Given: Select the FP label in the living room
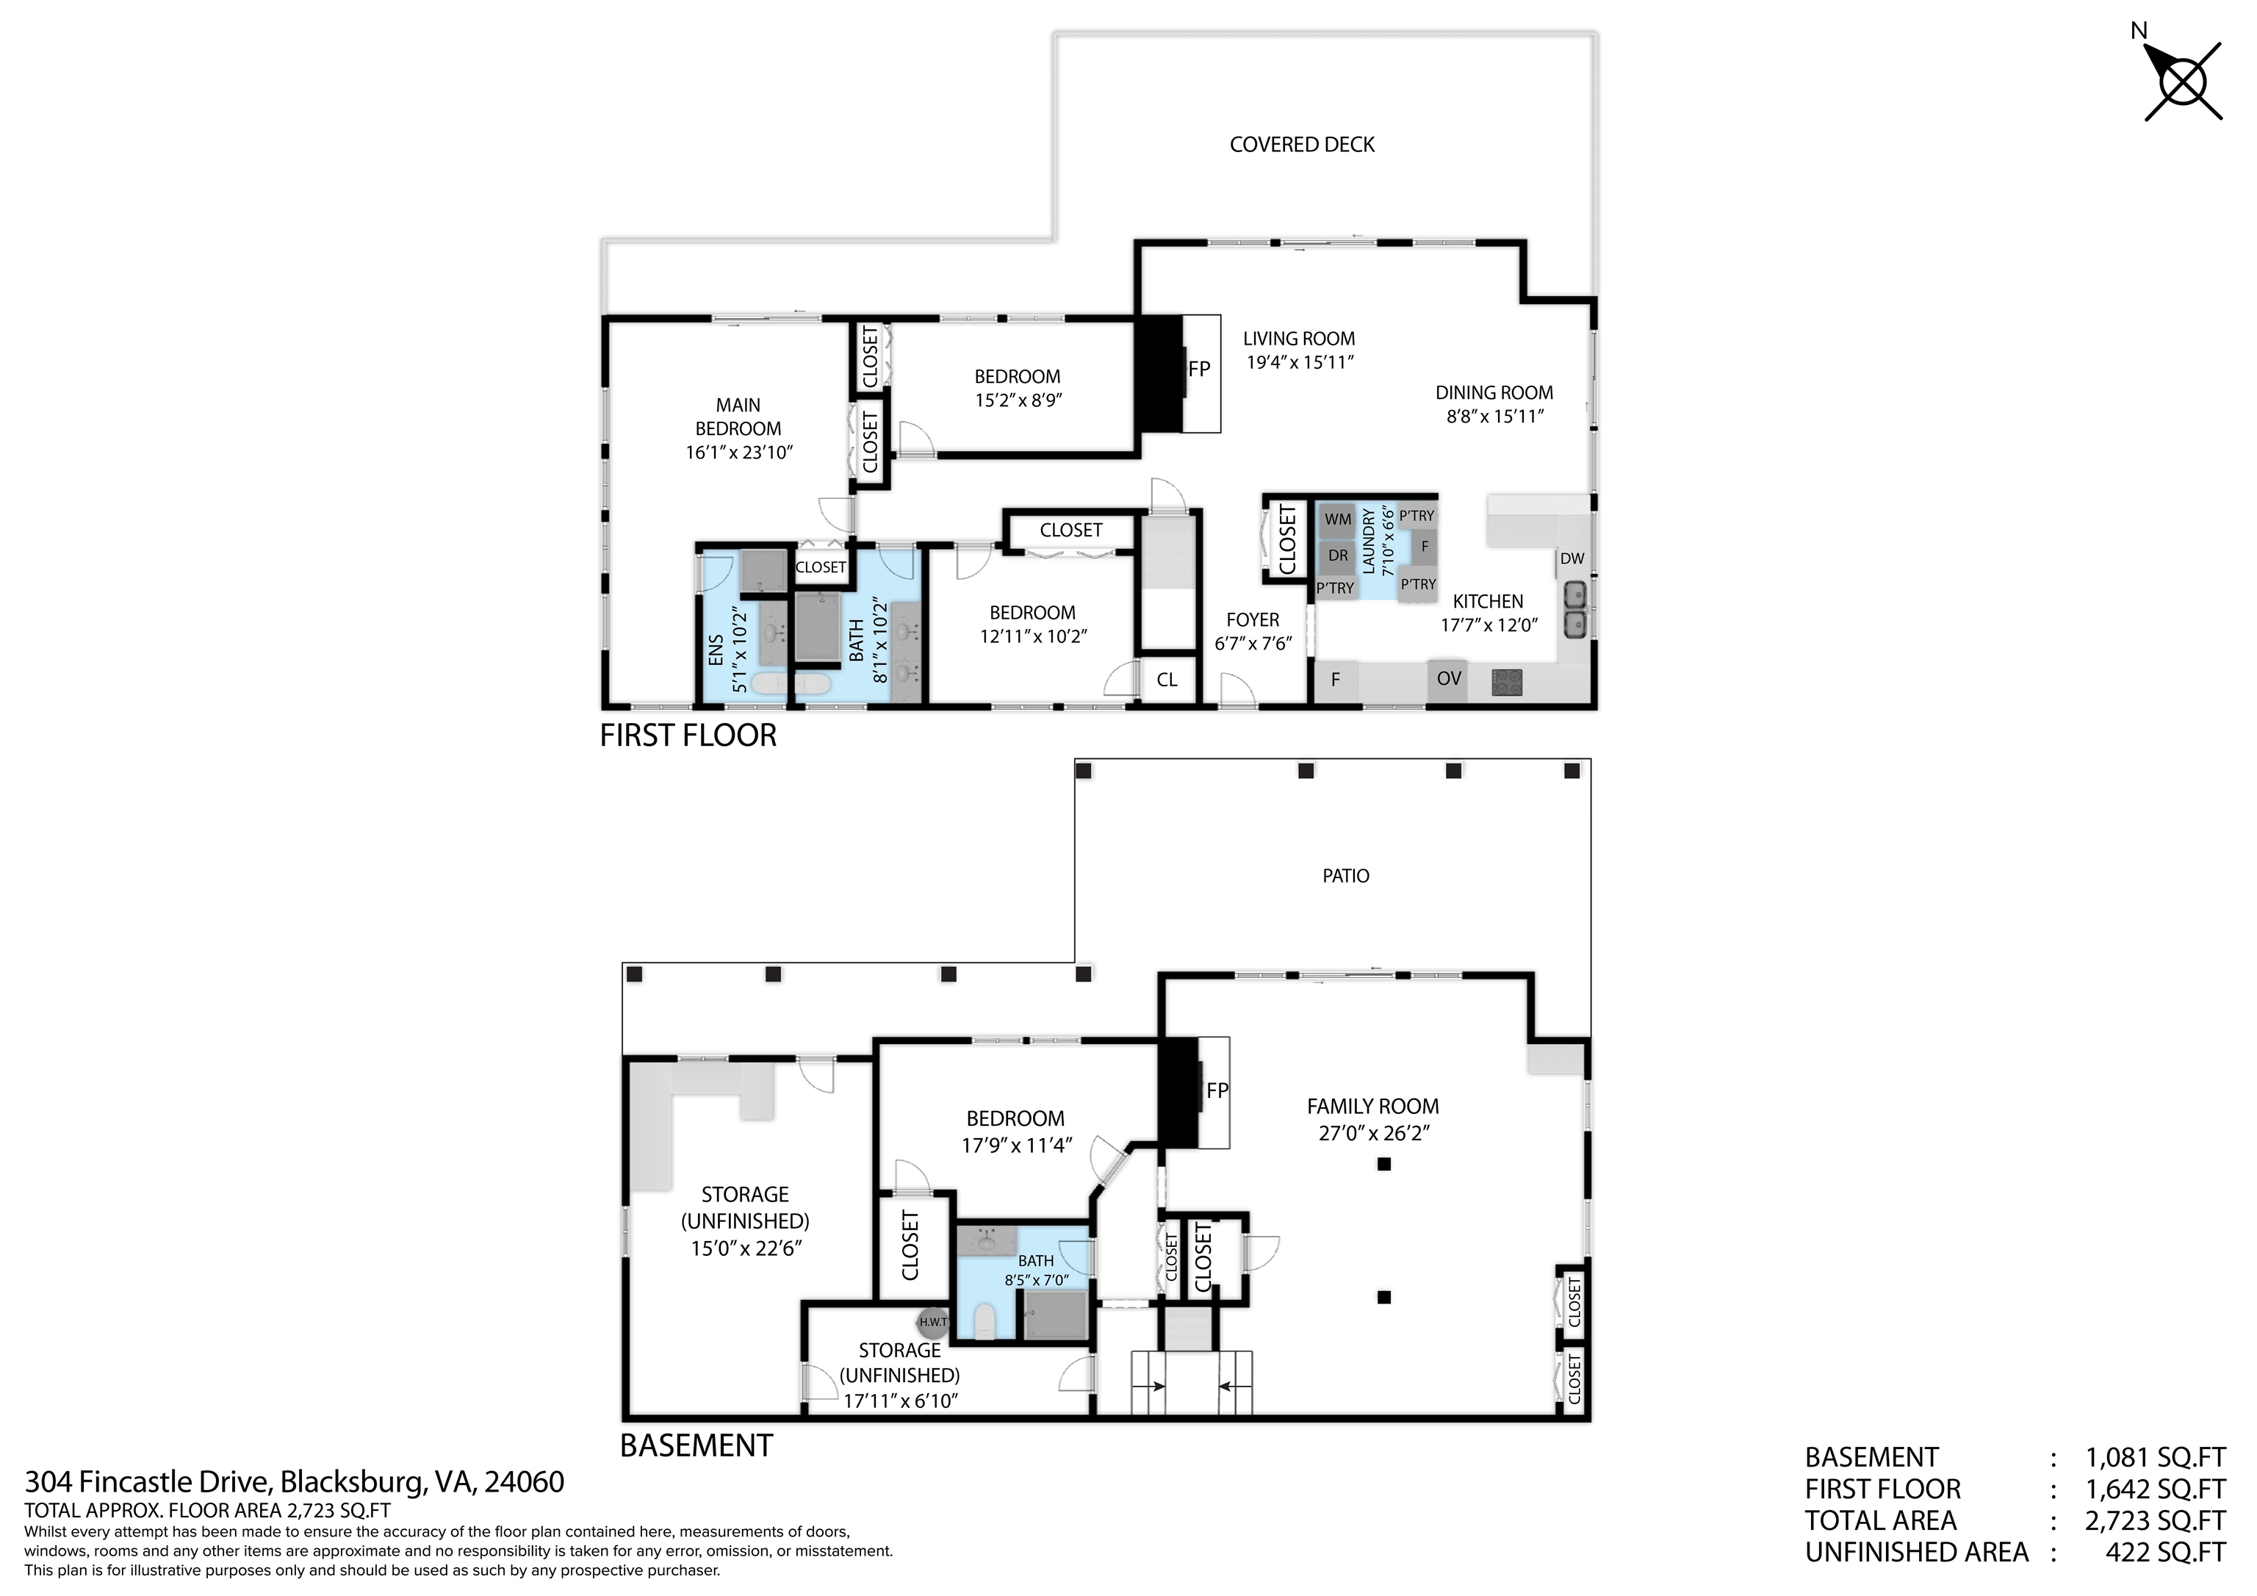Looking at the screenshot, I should [1198, 370].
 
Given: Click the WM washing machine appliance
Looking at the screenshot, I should [1337, 520].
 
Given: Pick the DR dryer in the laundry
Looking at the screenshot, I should [1337, 556].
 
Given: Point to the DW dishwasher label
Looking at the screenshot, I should [1572, 558].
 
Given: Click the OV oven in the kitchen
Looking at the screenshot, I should [1448, 678].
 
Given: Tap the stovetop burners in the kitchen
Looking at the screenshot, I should [1507, 680].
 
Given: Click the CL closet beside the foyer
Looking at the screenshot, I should [1167, 680].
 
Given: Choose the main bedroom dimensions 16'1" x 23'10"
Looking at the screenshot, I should [739, 453].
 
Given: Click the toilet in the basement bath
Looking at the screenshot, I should [986, 1320].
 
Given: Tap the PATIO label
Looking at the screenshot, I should [1345, 875].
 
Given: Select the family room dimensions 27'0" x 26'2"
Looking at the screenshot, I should [1373, 1133].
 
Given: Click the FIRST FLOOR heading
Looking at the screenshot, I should [688, 736].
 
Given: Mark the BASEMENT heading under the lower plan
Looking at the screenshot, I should [696, 1445].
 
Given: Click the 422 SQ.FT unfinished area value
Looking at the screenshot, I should [2164, 1552].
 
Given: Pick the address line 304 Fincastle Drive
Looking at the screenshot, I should [294, 1482].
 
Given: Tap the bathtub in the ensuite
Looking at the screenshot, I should [791, 683].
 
